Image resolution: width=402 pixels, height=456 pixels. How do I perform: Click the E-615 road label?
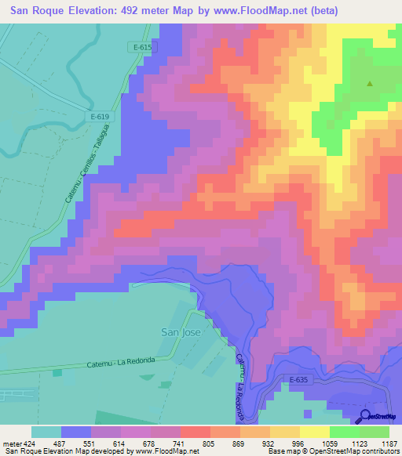click(142, 47)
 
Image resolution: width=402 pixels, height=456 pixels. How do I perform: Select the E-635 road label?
click(296, 380)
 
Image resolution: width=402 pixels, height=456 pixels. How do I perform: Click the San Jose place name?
click(181, 331)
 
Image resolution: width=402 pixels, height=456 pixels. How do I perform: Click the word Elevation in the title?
click(98, 11)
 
